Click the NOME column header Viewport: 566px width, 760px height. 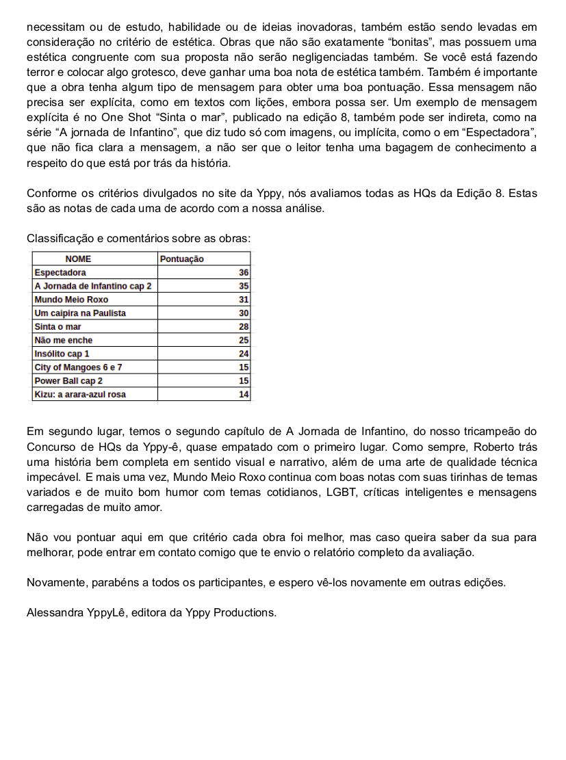click(x=78, y=259)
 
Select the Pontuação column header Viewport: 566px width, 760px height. click(x=181, y=259)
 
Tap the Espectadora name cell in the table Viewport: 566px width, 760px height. click(x=60, y=273)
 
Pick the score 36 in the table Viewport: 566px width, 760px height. click(x=244, y=273)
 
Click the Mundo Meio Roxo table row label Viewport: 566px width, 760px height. click(x=71, y=300)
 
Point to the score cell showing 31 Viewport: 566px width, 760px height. click(x=244, y=300)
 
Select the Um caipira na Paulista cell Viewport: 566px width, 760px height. click(x=80, y=313)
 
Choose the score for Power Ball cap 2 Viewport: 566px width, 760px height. click(x=244, y=380)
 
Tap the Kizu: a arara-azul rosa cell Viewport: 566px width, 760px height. click(x=80, y=394)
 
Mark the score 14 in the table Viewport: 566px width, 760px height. click(x=244, y=394)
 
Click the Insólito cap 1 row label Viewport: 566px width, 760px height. click(x=62, y=354)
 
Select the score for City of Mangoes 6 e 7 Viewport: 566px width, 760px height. click(x=244, y=367)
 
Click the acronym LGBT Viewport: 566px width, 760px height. click(x=338, y=493)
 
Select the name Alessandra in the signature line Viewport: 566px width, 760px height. click(x=55, y=612)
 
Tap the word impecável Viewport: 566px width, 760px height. click(x=53, y=477)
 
